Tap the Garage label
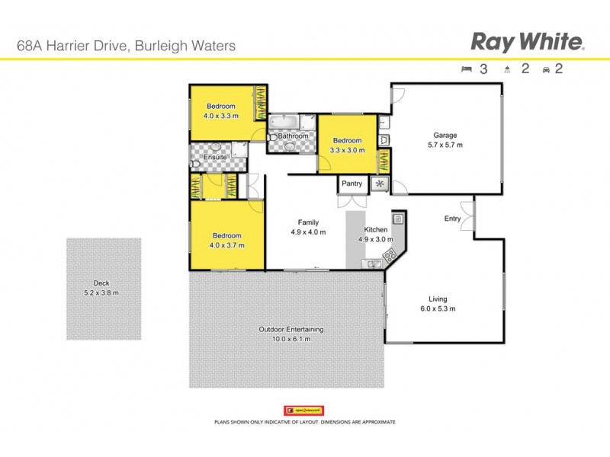pyautogui.click(x=445, y=136)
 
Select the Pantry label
pyautogui.click(x=352, y=184)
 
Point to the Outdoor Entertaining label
pyautogui.click(x=291, y=329)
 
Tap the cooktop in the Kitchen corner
pyautogui.click(x=391, y=254)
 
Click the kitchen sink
pyautogui.click(x=373, y=264)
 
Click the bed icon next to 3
pyautogui.click(x=467, y=69)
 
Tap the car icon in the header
pyautogui.click(x=546, y=69)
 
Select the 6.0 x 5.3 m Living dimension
pyautogui.click(x=437, y=308)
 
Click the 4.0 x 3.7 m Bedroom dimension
pyautogui.click(x=226, y=245)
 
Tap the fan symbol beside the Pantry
pyautogui.click(x=379, y=184)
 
